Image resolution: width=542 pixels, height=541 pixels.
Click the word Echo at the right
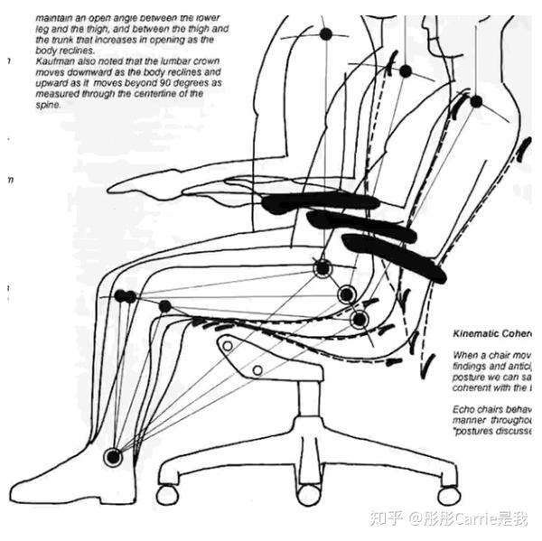point(463,409)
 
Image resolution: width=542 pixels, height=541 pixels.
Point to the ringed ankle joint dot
point(113,457)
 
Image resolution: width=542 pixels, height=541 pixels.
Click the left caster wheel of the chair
point(167,495)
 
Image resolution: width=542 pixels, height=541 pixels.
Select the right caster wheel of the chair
point(447,495)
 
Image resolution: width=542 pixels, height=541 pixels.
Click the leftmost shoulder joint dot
point(326,33)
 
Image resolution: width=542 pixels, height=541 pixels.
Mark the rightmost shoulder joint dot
point(476,101)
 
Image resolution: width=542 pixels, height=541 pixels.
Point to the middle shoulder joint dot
point(406,71)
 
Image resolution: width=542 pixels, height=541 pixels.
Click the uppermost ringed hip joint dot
point(322,267)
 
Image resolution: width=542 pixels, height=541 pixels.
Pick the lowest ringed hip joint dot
point(360,318)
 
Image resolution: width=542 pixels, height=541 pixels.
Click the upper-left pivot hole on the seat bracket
point(228,345)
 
